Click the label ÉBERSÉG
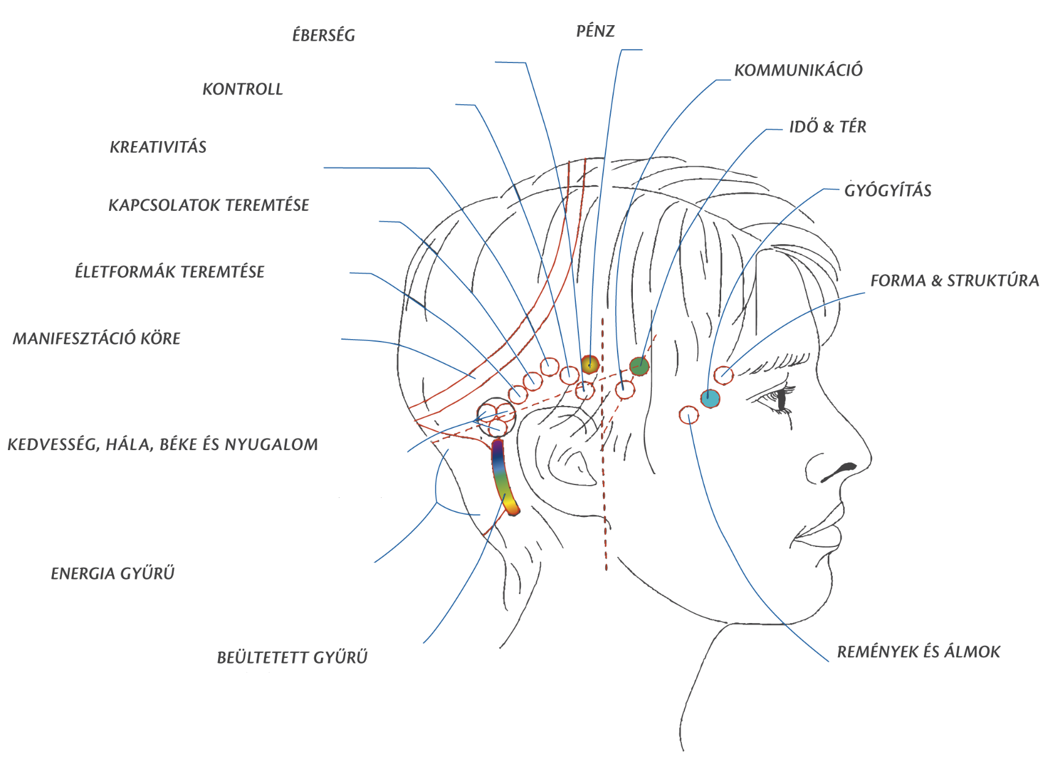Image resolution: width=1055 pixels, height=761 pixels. pyautogui.click(x=323, y=34)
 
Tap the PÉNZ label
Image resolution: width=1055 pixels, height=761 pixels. pyautogui.click(x=596, y=31)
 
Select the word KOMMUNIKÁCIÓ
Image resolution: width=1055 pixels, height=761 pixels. pyautogui.click(x=798, y=70)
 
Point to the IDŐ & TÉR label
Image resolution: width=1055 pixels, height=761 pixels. pyautogui.click(x=828, y=127)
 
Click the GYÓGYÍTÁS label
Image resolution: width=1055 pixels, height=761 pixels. pyautogui.click(x=888, y=190)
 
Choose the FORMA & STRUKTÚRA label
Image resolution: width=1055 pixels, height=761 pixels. pyautogui.click(x=955, y=281)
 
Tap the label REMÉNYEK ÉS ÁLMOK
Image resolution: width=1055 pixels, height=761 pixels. pyautogui.click(x=918, y=651)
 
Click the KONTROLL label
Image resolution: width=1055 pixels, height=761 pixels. pyautogui.click(x=243, y=90)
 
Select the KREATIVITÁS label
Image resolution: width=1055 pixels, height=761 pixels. pyautogui.click(x=158, y=147)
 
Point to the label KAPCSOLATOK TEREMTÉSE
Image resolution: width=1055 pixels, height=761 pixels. pyautogui.click(x=209, y=205)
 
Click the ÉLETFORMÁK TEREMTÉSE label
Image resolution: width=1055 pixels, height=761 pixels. pyautogui.click(x=170, y=272)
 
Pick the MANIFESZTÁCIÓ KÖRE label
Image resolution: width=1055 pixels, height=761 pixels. pyautogui.click(x=97, y=338)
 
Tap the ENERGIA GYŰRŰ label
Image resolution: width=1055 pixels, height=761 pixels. pyautogui.click(x=113, y=573)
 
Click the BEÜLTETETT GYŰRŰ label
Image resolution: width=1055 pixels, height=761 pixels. pyautogui.click(x=292, y=657)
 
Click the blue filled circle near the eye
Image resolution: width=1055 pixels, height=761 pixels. pyautogui.click(x=710, y=399)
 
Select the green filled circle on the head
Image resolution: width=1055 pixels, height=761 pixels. pyautogui.click(x=639, y=367)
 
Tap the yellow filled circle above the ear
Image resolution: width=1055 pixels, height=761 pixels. pyautogui.click(x=589, y=364)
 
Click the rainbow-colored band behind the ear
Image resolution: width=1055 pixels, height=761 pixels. pyautogui.click(x=502, y=475)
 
